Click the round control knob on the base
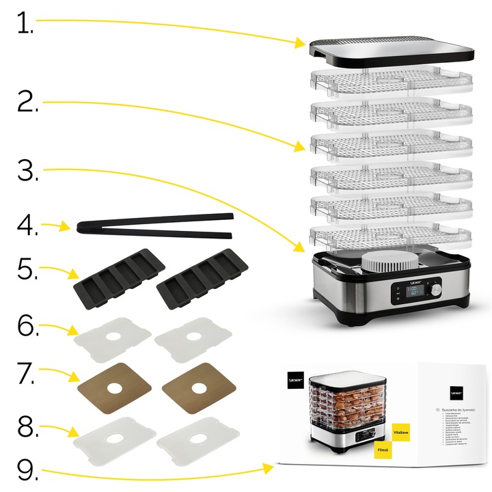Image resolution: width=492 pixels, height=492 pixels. click(x=435, y=290)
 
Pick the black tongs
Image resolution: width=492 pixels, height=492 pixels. click(x=154, y=228)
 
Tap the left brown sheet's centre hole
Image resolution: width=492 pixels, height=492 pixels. click(x=113, y=388)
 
